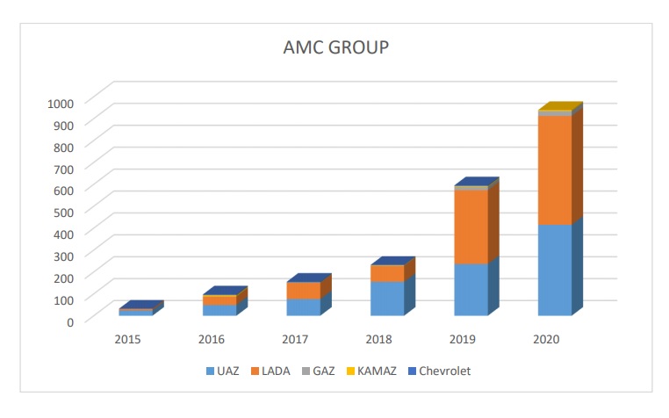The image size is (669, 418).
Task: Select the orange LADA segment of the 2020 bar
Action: [x=554, y=169]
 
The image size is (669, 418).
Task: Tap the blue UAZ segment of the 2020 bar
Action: [x=554, y=270]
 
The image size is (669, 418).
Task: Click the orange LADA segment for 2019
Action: [x=471, y=227]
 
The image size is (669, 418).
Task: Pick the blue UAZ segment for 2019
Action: [x=471, y=289]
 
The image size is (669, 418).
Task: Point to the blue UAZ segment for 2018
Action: [x=387, y=299]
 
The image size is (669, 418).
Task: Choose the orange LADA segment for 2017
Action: [x=304, y=291]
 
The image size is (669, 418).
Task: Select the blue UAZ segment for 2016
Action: [x=219, y=310]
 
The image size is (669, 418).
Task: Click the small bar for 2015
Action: [x=136, y=312]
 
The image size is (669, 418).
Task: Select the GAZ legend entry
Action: [x=320, y=371]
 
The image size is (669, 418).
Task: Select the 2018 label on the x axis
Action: [x=378, y=339]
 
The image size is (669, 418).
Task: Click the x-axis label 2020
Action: [x=545, y=339]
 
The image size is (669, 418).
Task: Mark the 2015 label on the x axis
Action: [x=128, y=339]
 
